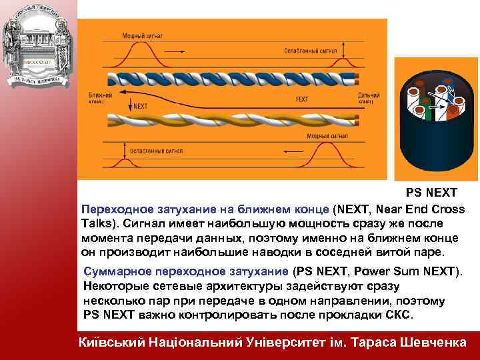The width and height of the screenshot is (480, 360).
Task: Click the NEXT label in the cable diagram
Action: (141, 105)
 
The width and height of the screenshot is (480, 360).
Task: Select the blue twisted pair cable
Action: (233, 78)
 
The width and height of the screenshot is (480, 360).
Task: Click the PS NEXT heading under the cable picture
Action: (431, 193)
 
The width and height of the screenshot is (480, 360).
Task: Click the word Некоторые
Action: (113, 286)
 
